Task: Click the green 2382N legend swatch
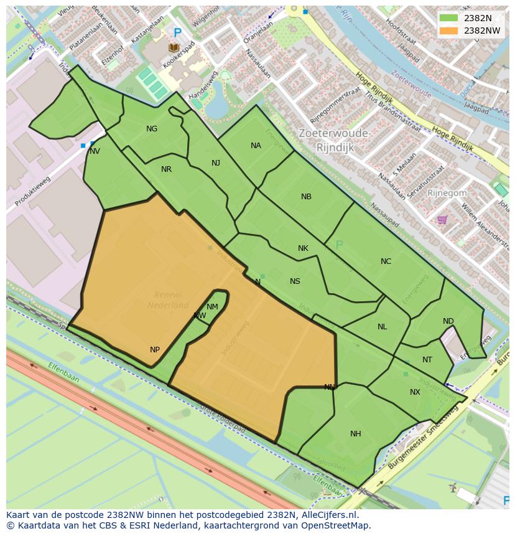[x=448, y=18]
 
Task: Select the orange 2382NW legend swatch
[x=448, y=31]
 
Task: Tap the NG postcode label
[x=152, y=129]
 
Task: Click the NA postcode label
[x=256, y=146]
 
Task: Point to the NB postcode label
[x=306, y=197]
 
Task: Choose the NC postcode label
[x=386, y=261]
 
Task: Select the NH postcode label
[x=355, y=434]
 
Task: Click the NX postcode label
[x=415, y=392]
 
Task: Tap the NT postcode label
[x=427, y=360]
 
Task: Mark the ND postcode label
[x=448, y=321]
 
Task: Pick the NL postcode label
[x=382, y=327]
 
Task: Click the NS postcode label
[x=295, y=281]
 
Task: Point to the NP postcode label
[x=155, y=350]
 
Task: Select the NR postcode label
[x=166, y=169]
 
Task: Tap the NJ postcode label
[x=216, y=163]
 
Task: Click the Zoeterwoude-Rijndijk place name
[x=335, y=140]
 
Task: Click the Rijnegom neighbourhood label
[x=447, y=193]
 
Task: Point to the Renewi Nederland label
[x=168, y=299]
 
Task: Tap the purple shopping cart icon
[x=442, y=220]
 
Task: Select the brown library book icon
[x=174, y=48]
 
